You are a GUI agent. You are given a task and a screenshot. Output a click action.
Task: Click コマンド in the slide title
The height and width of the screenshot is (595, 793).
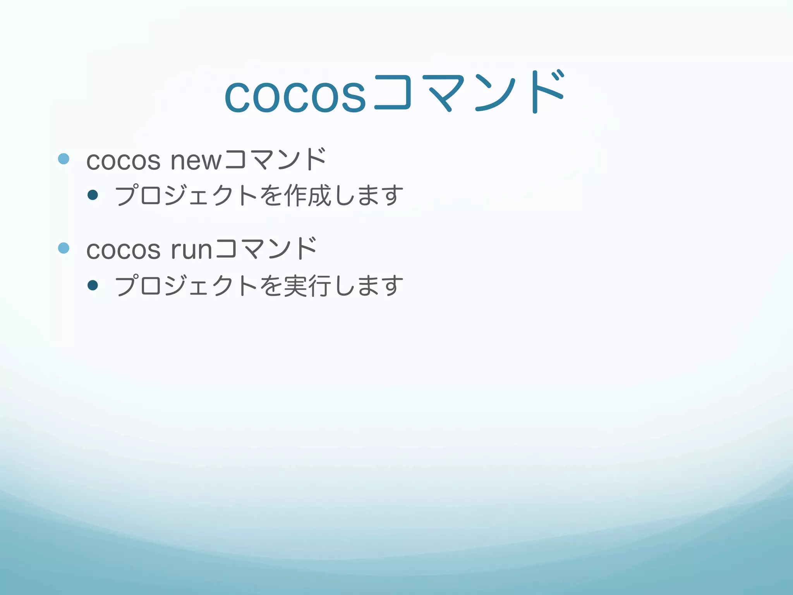click(x=469, y=93)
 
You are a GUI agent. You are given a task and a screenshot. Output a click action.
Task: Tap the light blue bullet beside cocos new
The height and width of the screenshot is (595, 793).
click(x=64, y=159)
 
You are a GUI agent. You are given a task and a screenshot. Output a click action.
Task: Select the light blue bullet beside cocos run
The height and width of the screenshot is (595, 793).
click(x=64, y=248)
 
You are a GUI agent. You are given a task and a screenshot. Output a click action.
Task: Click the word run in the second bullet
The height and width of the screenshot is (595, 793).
click(x=191, y=249)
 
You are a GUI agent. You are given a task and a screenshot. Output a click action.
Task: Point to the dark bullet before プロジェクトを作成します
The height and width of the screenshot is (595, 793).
click(x=93, y=195)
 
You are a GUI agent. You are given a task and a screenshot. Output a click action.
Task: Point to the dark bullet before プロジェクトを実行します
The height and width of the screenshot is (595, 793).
click(x=93, y=285)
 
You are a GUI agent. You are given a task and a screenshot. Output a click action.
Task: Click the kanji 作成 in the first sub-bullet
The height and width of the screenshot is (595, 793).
click(x=308, y=195)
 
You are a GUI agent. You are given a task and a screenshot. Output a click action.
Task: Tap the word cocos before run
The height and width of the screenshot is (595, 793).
click(x=123, y=249)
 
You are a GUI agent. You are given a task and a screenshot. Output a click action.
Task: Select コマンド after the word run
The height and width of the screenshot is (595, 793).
click(x=266, y=249)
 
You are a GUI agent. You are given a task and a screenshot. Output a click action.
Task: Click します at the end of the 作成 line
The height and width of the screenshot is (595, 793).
click(x=368, y=195)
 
